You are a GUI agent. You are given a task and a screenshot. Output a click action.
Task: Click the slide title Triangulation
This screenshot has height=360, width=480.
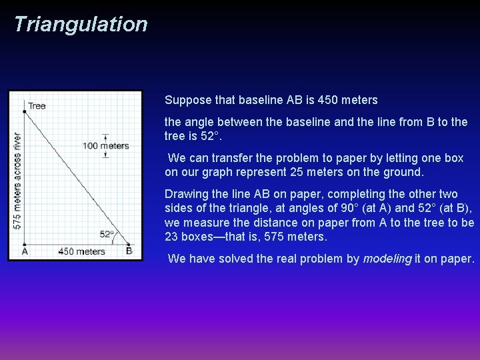point(80,25)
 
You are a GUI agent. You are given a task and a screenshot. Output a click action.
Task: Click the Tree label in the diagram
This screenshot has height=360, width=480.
point(37,105)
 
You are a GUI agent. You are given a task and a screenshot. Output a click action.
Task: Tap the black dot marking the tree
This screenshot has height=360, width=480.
point(25,111)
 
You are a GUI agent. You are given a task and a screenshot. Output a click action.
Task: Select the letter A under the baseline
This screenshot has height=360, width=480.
point(25,252)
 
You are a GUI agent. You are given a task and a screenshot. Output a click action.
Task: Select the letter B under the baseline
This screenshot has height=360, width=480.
point(129,251)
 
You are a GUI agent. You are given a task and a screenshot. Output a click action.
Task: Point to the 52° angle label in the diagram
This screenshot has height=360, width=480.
point(107,234)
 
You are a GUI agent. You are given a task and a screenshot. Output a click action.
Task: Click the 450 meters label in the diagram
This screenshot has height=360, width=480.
point(81,252)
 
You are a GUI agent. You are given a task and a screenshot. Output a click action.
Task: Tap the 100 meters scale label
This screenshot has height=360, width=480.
point(105,146)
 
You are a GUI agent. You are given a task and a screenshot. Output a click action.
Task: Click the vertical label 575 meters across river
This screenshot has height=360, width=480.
point(17,180)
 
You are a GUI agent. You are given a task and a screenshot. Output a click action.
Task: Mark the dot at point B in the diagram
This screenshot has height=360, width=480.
point(129,243)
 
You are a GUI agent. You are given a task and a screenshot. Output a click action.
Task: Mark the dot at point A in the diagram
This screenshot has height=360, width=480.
point(25,243)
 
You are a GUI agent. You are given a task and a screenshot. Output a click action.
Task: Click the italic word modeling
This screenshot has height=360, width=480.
point(387,259)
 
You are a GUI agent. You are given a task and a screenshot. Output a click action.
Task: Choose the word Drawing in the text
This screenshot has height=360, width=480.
point(185,194)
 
